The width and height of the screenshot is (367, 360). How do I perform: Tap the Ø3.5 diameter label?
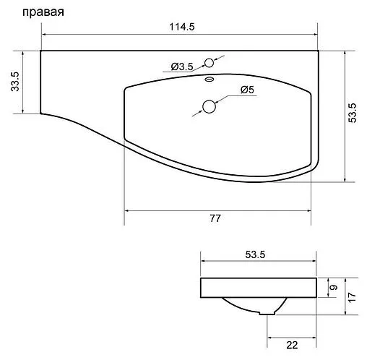click(x=182, y=67)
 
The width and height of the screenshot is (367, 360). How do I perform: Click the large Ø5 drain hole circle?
click(x=210, y=106)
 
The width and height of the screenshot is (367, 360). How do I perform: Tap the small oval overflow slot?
click(x=210, y=80)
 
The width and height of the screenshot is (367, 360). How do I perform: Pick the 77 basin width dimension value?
click(x=215, y=218)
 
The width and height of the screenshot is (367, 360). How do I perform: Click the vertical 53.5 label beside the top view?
click(x=353, y=115)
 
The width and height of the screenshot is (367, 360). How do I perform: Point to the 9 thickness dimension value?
click(x=333, y=288)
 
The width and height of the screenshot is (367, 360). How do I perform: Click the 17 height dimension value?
click(x=353, y=296)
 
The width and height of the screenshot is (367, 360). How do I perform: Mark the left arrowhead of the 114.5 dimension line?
click(x=43, y=34)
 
